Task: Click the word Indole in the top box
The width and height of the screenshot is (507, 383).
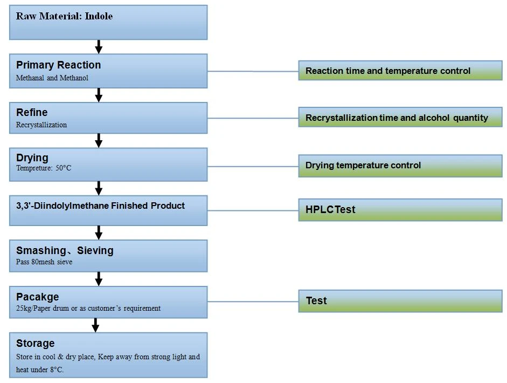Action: point(99,16)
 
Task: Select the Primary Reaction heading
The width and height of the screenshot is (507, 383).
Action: point(59,65)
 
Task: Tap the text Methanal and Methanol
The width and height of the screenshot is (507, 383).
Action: point(52,78)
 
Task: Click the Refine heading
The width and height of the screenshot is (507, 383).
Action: point(32,112)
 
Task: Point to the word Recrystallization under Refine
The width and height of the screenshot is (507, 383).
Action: point(41,125)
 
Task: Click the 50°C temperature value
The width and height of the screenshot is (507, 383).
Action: point(64,168)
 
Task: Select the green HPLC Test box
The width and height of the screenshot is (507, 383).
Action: point(400,210)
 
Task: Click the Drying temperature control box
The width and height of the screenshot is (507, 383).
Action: point(400,166)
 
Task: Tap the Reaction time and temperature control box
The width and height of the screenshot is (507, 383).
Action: point(400,71)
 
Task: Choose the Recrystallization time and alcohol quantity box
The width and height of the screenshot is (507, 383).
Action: point(400,117)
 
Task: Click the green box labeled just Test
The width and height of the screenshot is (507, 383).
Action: point(400,301)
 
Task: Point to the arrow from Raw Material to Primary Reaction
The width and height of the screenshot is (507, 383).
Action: point(99,46)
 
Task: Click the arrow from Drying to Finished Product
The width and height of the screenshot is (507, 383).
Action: point(99,188)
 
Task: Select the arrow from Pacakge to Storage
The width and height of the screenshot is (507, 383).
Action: point(95,325)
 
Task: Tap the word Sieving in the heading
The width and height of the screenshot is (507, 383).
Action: point(95,251)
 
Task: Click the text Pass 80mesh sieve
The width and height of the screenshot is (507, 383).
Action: point(44,262)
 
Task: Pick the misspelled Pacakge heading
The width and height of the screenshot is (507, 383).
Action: point(38,297)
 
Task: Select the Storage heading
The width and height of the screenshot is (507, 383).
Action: point(35,343)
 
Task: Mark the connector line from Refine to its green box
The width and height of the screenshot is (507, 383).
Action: point(253,118)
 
